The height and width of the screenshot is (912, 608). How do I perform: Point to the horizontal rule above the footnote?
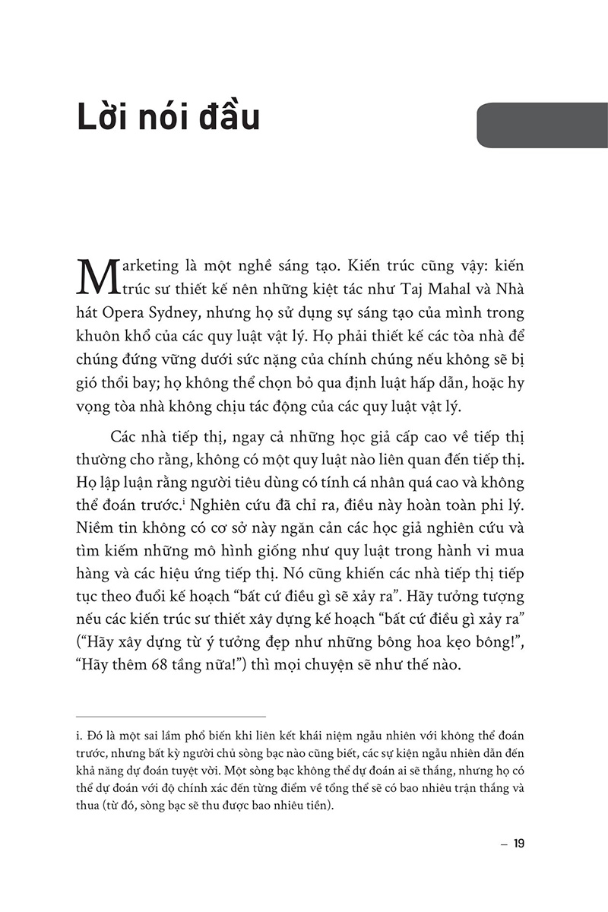tap(172, 716)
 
